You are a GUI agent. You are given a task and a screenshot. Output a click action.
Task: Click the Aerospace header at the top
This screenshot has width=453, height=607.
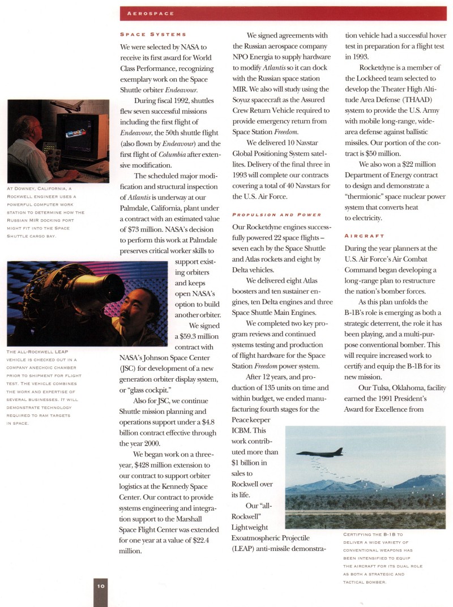point(151,13)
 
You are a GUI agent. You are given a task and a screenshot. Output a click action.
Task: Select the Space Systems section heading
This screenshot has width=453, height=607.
point(153,35)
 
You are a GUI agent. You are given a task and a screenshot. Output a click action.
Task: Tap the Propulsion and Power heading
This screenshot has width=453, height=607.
point(276,215)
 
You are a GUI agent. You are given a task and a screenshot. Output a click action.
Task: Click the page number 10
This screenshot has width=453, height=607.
point(101,586)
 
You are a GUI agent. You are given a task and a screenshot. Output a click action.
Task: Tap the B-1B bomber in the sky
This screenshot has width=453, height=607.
point(320,452)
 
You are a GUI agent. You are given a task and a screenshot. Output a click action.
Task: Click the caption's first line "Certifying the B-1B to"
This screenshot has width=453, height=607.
point(373,535)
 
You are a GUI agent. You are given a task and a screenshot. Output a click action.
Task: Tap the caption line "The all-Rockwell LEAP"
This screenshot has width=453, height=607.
point(38,352)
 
